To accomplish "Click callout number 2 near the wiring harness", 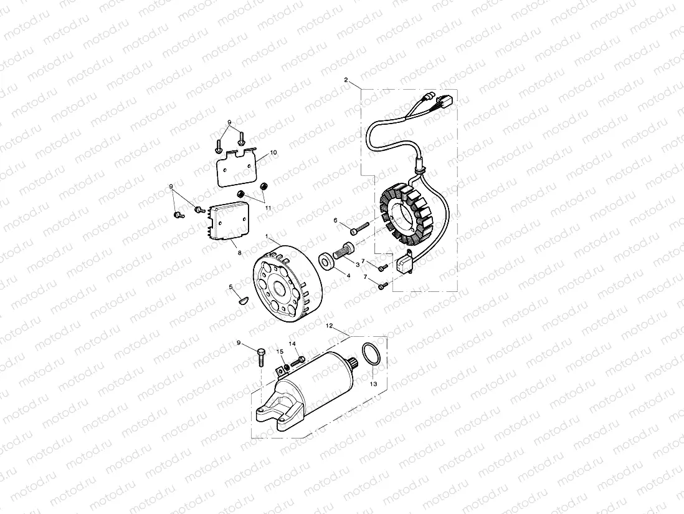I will click(346, 80).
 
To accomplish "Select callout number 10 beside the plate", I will click(273, 153).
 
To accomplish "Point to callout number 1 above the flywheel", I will click(267, 238).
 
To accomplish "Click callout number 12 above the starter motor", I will click(330, 326).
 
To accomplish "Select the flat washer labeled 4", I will click(326, 260).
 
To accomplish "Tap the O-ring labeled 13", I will click(369, 354).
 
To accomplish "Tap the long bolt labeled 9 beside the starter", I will click(260, 357).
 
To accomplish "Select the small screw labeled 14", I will click(297, 361).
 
